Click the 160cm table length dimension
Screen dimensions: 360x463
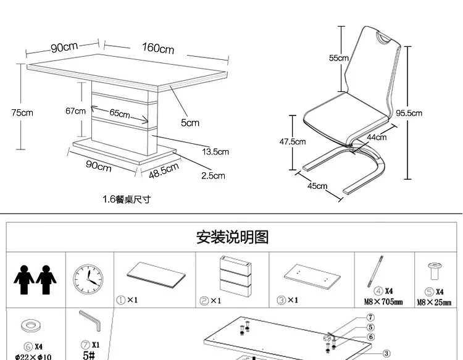coord(158,48)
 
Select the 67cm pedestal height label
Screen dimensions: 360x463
coord(75,111)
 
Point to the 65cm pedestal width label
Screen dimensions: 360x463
coord(120,114)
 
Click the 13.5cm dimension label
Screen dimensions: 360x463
coord(215,151)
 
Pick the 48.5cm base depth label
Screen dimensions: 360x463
coord(164,170)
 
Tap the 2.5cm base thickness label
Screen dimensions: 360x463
coord(213,176)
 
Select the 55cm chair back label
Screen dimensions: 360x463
coord(338,58)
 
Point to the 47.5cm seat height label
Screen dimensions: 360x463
coord(293,141)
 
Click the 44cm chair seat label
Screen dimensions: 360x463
coord(377,137)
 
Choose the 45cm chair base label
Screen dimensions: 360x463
coord(317,186)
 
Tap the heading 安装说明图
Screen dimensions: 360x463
coord(232,237)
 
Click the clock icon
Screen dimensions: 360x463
coord(89,279)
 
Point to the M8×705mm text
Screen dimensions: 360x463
coord(384,303)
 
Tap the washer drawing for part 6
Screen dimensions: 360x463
coord(29,327)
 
